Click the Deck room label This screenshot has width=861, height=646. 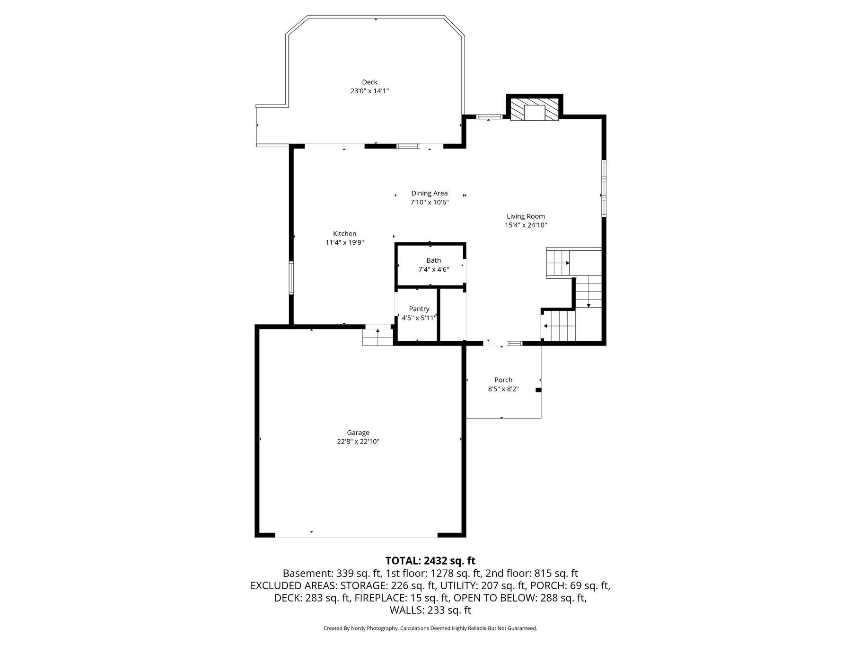tap(369, 82)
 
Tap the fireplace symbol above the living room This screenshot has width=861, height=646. tap(535, 109)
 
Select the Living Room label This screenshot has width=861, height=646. tap(526, 216)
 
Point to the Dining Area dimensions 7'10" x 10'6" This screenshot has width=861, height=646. tap(429, 203)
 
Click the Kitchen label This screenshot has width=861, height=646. tap(344, 234)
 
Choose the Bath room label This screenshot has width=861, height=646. tap(433, 260)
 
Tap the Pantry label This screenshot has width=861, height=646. tap(419, 309)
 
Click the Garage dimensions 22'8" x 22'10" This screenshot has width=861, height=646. tap(358, 442)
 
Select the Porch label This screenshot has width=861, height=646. tap(503, 380)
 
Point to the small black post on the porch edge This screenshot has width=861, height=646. tap(538, 390)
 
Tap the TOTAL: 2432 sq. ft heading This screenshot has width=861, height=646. tap(430, 561)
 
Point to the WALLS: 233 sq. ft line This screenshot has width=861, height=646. tap(430, 611)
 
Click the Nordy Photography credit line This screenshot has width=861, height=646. tap(430, 628)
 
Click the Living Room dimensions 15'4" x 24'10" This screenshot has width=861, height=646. tap(526, 225)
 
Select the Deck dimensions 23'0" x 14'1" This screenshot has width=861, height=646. tap(369, 91)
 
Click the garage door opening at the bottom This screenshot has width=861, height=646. tap(356, 536)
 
